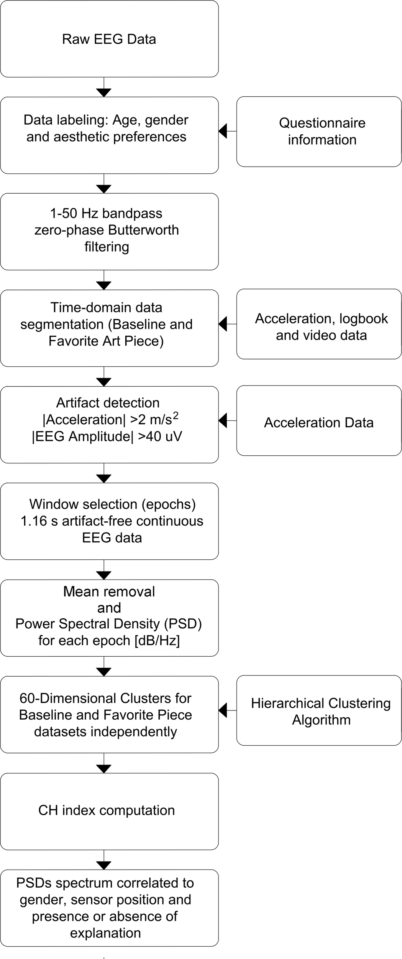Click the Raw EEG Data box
[109, 39]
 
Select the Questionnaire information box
[319, 132]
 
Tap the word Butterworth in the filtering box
[143, 230]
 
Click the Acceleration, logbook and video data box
[319, 325]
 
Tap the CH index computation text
[107, 810]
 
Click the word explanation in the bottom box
[105, 933]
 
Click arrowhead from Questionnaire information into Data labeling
[223, 131]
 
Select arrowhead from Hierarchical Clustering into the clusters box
[223, 710]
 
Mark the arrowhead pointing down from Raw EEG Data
[104, 92]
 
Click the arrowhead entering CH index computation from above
[104, 768]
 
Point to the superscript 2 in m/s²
[176, 415]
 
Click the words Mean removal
[109, 592]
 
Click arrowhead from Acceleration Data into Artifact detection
[223, 420]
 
